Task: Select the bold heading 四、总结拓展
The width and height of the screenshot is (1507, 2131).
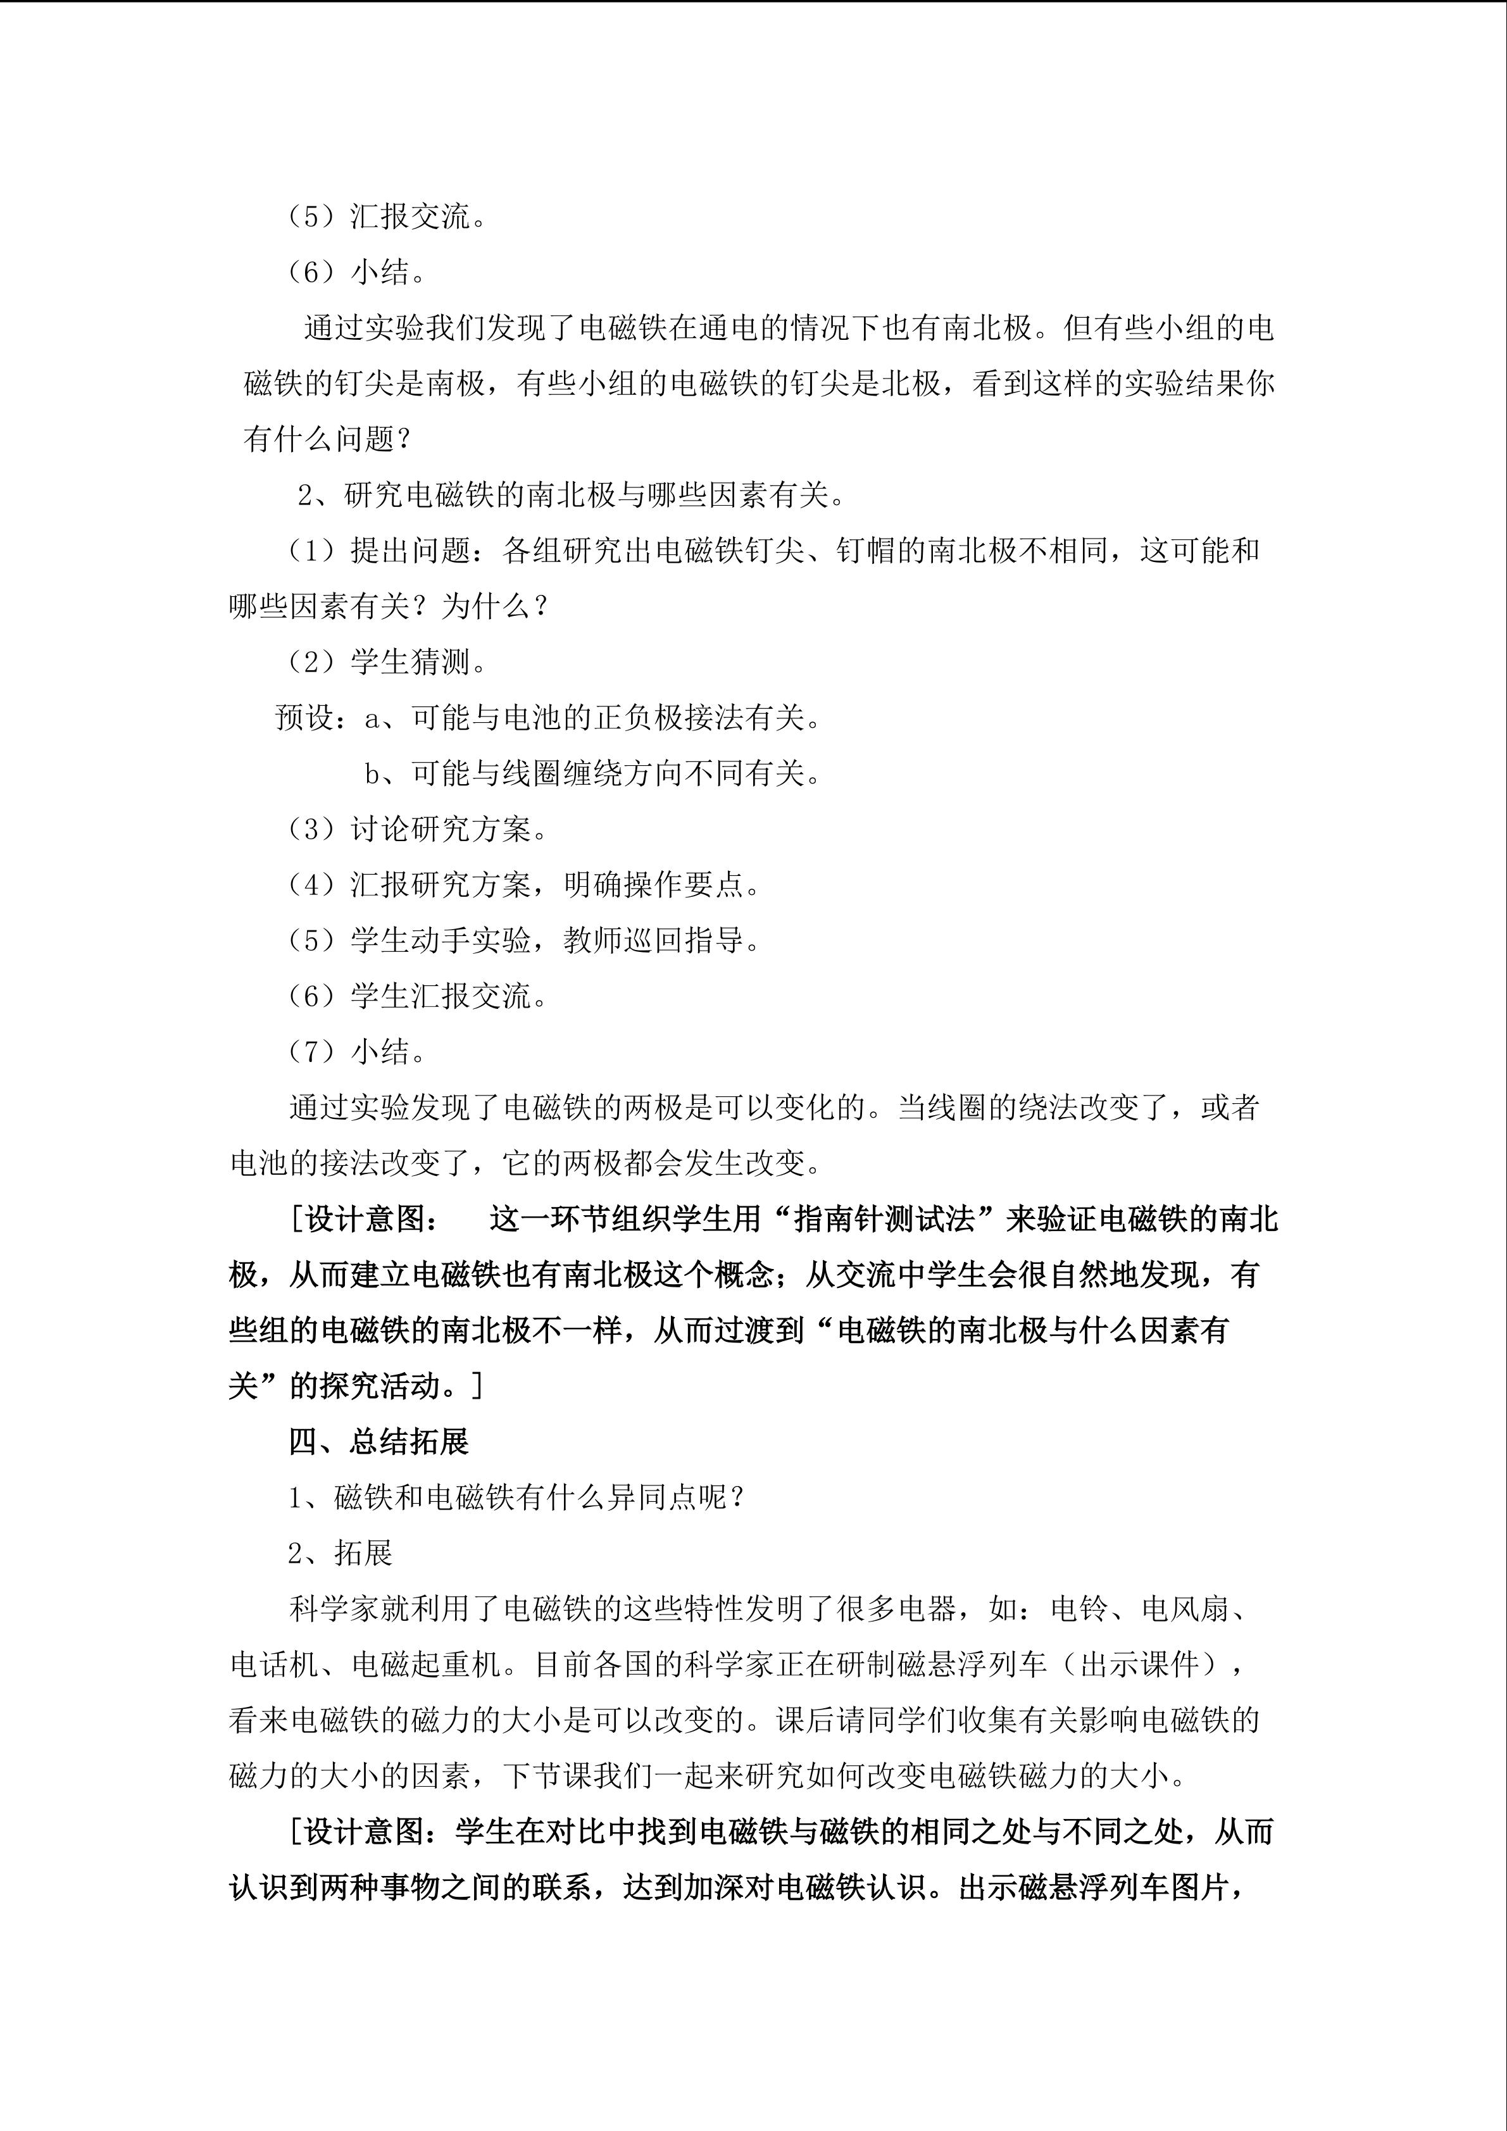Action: [378, 1441]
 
